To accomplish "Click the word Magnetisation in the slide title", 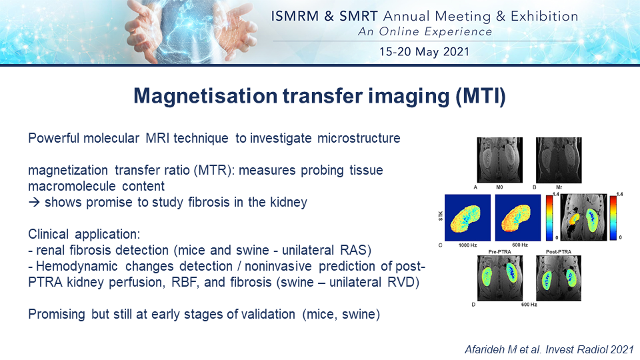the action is click(x=206, y=96).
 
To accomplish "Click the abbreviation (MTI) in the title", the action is click(x=481, y=96).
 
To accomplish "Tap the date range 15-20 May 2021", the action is click(x=424, y=52).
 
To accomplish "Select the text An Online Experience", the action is click(x=425, y=31).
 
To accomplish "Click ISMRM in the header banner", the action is click(x=295, y=16).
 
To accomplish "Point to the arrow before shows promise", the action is click(x=34, y=202).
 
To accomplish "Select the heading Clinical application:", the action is click(x=84, y=234).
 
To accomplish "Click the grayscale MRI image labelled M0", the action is click(x=499, y=160).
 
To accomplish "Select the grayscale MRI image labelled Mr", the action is click(x=559, y=160).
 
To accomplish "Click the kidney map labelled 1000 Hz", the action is click(x=468, y=217).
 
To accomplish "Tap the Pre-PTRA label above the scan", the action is click(x=499, y=252).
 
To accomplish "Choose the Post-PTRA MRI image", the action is click(x=559, y=279).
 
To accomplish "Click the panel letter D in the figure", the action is click(x=473, y=305).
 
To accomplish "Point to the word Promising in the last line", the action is click(x=57, y=314).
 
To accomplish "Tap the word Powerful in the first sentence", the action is click(x=54, y=138).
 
